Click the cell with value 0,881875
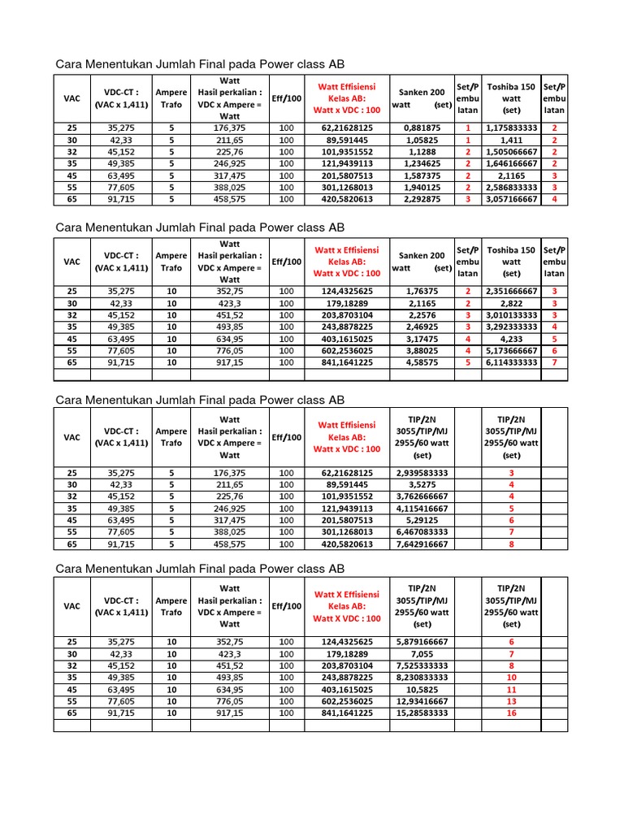pyautogui.click(x=422, y=128)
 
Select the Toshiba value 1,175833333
pyautogui.click(x=511, y=128)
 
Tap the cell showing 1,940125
pyautogui.click(x=422, y=187)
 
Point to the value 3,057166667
pyautogui.click(x=511, y=198)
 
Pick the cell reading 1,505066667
pyautogui.click(x=511, y=151)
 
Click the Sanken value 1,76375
pyautogui.click(x=422, y=291)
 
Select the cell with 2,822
pyautogui.click(x=511, y=303)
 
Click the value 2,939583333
pyautogui.click(x=422, y=472)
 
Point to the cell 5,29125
pyautogui.click(x=422, y=519)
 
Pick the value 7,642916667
pyautogui.click(x=422, y=544)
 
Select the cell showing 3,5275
pyautogui.click(x=422, y=484)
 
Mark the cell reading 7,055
pyautogui.click(x=422, y=653)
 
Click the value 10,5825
pyautogui.click(x=422, y=689)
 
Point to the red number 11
pyautogui.click(x=511, y=689)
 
